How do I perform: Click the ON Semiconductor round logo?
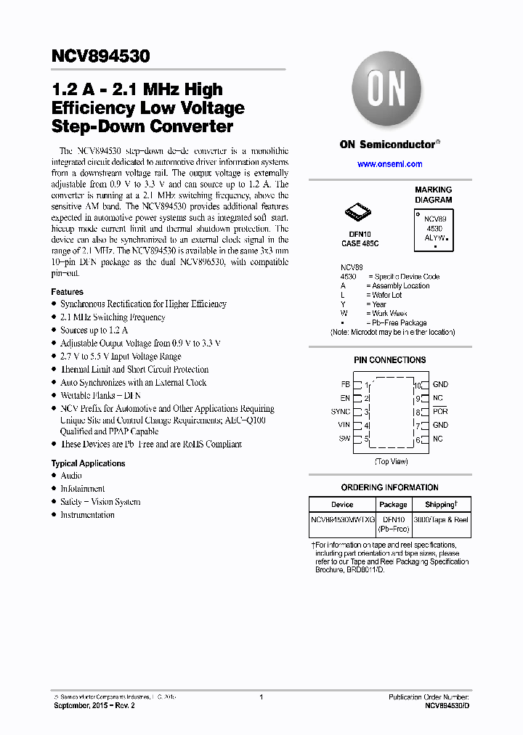(x=389, y=92)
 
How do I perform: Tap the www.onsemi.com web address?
(x=389, y=164)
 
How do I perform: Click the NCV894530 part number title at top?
(x=100, y=55)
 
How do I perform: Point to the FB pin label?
(x=345, y=384)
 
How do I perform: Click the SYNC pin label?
(x=341, y=412)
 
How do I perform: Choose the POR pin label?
(x=440, y=412)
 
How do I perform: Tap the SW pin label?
(x=344, y=439)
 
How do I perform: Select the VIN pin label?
(x=344, y=425)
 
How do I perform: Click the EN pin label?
(x=345, y=398)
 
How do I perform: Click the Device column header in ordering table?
(x=342, y=504)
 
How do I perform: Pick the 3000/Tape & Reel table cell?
(x=441, y=520)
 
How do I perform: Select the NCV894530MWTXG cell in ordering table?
(x=342, y=520)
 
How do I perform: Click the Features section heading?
(x=67, y=291)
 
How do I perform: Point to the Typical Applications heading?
(x=88, y=463)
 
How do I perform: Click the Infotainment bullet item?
(x=82, y=489)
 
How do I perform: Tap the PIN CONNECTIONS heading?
(x=389, y=360)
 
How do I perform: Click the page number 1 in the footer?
(x=261, y=697)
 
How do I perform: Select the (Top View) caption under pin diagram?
(x=390, y=461)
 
